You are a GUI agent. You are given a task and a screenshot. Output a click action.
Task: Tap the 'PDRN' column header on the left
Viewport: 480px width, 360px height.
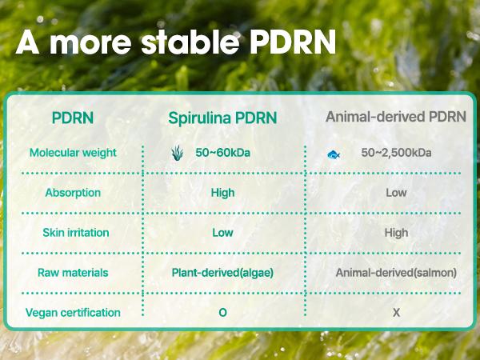[x=73, y=118]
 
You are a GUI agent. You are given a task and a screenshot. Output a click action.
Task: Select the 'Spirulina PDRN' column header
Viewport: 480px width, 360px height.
[x=222, y=118]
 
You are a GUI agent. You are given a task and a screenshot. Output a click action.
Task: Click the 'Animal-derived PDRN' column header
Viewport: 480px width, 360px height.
[x=396, y=117]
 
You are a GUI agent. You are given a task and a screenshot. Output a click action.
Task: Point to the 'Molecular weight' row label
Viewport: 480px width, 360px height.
[x=73, y=153]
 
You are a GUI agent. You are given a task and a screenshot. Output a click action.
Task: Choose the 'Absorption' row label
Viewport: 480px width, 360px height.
[x=73, y=193]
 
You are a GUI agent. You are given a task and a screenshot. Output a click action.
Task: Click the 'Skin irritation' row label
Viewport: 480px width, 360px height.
[x=73, y=233]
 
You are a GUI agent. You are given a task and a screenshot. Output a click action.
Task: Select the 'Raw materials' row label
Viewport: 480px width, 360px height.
[x=73, y=273]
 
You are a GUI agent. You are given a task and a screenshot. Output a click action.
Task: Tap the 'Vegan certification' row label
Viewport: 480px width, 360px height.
[x=73, y=313]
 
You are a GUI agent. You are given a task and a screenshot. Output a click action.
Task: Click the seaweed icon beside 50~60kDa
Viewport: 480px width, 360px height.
[x=178, y=153]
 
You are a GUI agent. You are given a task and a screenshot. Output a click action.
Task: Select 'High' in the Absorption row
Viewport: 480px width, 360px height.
[x=222, y=193]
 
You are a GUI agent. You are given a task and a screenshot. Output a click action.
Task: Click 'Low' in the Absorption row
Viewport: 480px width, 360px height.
[x=396, y=193]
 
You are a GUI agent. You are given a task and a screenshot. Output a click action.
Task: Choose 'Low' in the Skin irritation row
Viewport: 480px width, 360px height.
[x=222, y=233]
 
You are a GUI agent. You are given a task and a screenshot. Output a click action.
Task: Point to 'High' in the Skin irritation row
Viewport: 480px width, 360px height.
[x=396, y=233]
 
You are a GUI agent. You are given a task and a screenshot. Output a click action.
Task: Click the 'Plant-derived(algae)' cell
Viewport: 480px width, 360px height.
[x=222, y=273]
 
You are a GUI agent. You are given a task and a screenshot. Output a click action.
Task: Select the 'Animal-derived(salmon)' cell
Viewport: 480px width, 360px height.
[x=396, y=273]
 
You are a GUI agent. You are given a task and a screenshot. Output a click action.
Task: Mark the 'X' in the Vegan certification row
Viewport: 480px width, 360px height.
[x=396, y=313]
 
